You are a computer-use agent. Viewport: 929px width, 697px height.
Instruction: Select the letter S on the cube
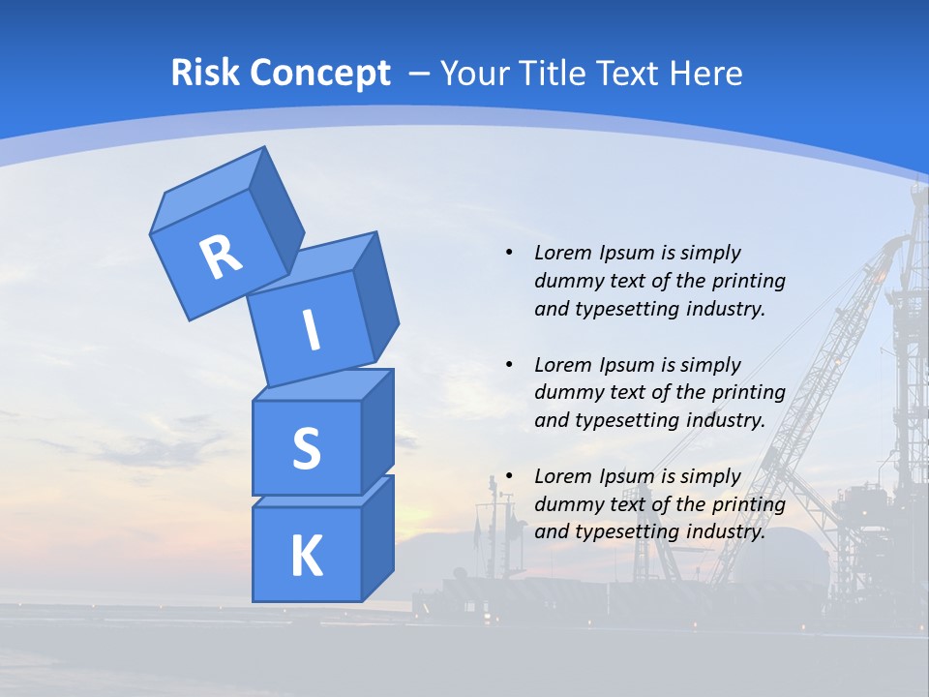coord(306,448)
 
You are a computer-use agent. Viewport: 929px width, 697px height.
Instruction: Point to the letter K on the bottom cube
coord(306,557)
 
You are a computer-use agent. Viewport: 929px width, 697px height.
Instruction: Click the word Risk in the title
coord(204,74)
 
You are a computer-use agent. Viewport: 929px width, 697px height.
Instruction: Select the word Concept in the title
coord(320,74)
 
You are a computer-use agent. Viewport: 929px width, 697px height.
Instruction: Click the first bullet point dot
coord(509,253)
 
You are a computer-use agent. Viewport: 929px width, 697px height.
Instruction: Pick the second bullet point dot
coord(509,365)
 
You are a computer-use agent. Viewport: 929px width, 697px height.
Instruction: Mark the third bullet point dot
coord(509,476)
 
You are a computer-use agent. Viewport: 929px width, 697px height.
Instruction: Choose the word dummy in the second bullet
coord(564,392)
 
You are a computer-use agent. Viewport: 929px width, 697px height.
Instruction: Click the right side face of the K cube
coord(377,537)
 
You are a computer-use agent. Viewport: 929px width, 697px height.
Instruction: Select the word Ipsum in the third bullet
coord(626,476)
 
